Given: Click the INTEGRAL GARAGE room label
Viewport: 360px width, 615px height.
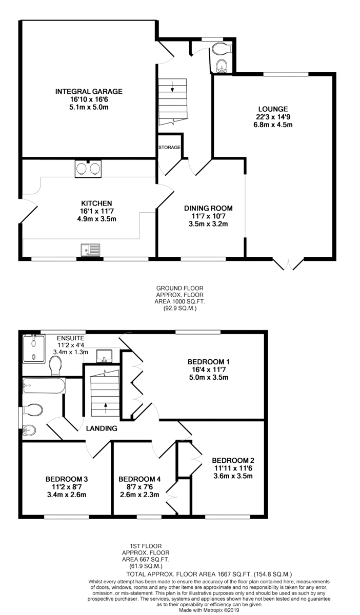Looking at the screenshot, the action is [x=89, y=91].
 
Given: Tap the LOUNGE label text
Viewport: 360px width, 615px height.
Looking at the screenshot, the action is [x=273, y=109].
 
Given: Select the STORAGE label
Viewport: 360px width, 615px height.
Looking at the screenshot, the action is [x=169, y=148].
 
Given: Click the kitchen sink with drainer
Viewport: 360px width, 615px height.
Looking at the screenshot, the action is [x=90, y=250].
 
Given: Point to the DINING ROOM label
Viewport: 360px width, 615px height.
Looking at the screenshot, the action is [x=208, y=208].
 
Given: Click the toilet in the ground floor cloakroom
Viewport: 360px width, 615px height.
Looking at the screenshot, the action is [x=222, y=48].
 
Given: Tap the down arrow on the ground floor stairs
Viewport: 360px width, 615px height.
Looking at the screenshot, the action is [x=172, y=87].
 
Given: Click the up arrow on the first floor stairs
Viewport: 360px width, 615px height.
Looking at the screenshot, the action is [x=105, y=408].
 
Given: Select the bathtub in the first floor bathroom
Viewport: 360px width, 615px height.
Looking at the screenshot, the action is [x=44, y=386].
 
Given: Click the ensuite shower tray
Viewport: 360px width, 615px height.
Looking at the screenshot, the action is [x=33, y=348].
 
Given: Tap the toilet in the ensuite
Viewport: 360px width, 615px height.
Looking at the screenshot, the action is [x=56, y=365].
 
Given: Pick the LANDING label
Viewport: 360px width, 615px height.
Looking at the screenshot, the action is [x=102, y=428].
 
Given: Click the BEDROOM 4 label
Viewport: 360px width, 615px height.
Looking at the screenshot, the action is [x=139, y=479].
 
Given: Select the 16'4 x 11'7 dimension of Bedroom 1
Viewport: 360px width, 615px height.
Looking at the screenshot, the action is [x=209, y=370].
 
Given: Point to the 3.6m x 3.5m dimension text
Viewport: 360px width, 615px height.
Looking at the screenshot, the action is [x=233, y=476].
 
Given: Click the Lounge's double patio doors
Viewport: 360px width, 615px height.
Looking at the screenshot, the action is [x=288, y=264].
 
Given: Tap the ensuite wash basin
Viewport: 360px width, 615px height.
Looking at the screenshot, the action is [x=104, y=356].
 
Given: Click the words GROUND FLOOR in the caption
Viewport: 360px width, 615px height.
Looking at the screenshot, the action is [x=180, y=288].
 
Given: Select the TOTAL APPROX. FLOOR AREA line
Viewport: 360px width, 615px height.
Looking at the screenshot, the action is [x=209, y=574].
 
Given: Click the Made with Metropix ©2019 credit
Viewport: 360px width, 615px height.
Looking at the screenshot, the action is [x=209, y=610].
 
